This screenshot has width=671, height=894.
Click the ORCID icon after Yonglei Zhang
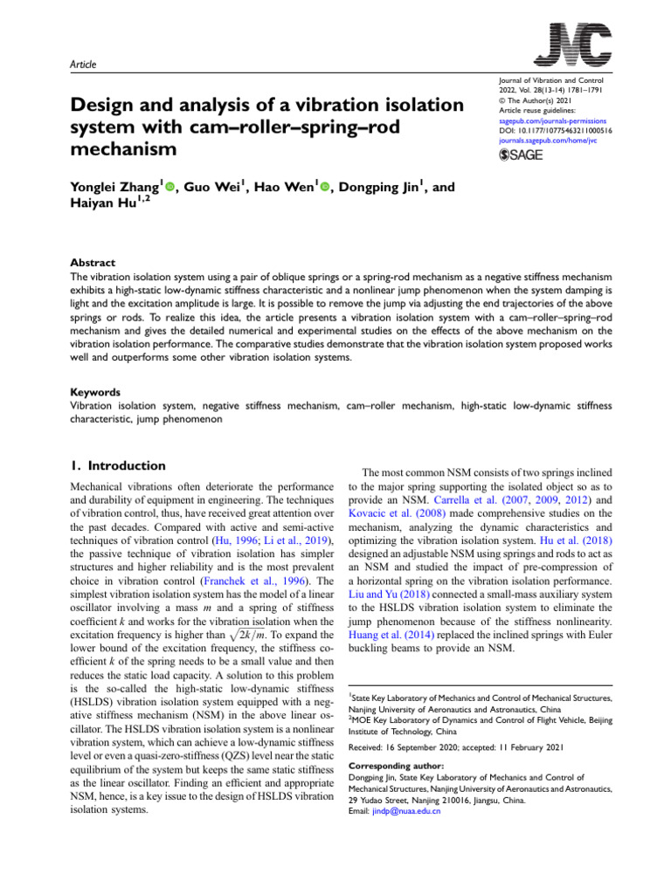(169, 188)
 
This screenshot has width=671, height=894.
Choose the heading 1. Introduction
(116, 466)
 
